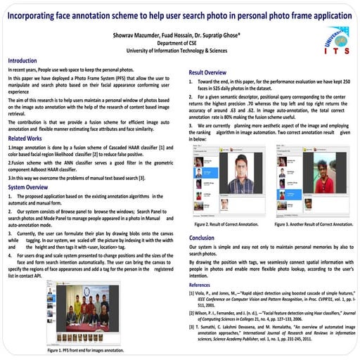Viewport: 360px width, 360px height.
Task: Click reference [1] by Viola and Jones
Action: tap(272, 298)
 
